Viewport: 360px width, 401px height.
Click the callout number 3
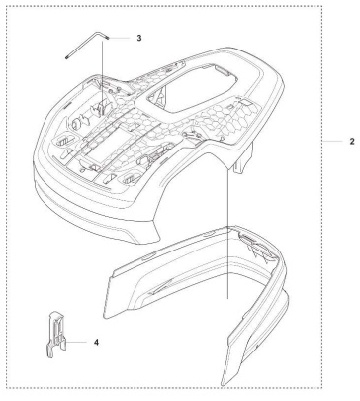pos(139,38)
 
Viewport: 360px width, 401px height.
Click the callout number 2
pos(352,142)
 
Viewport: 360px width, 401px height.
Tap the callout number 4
pos(96,343)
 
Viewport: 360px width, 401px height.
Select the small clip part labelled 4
pos(55,335)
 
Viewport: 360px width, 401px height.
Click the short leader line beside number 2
pos(333,142)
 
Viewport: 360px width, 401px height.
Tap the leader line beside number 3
pos(120,38)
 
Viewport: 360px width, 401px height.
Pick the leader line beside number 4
pos(76,342)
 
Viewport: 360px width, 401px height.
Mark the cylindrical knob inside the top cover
pos(76,123)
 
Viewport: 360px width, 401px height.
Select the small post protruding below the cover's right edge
pos(243,157)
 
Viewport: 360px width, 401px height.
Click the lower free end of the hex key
pos(66,57)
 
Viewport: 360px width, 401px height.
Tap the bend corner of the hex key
pos(96,32)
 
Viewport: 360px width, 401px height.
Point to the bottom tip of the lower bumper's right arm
pos(224,383)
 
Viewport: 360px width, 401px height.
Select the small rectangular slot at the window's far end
pos(222,69)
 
